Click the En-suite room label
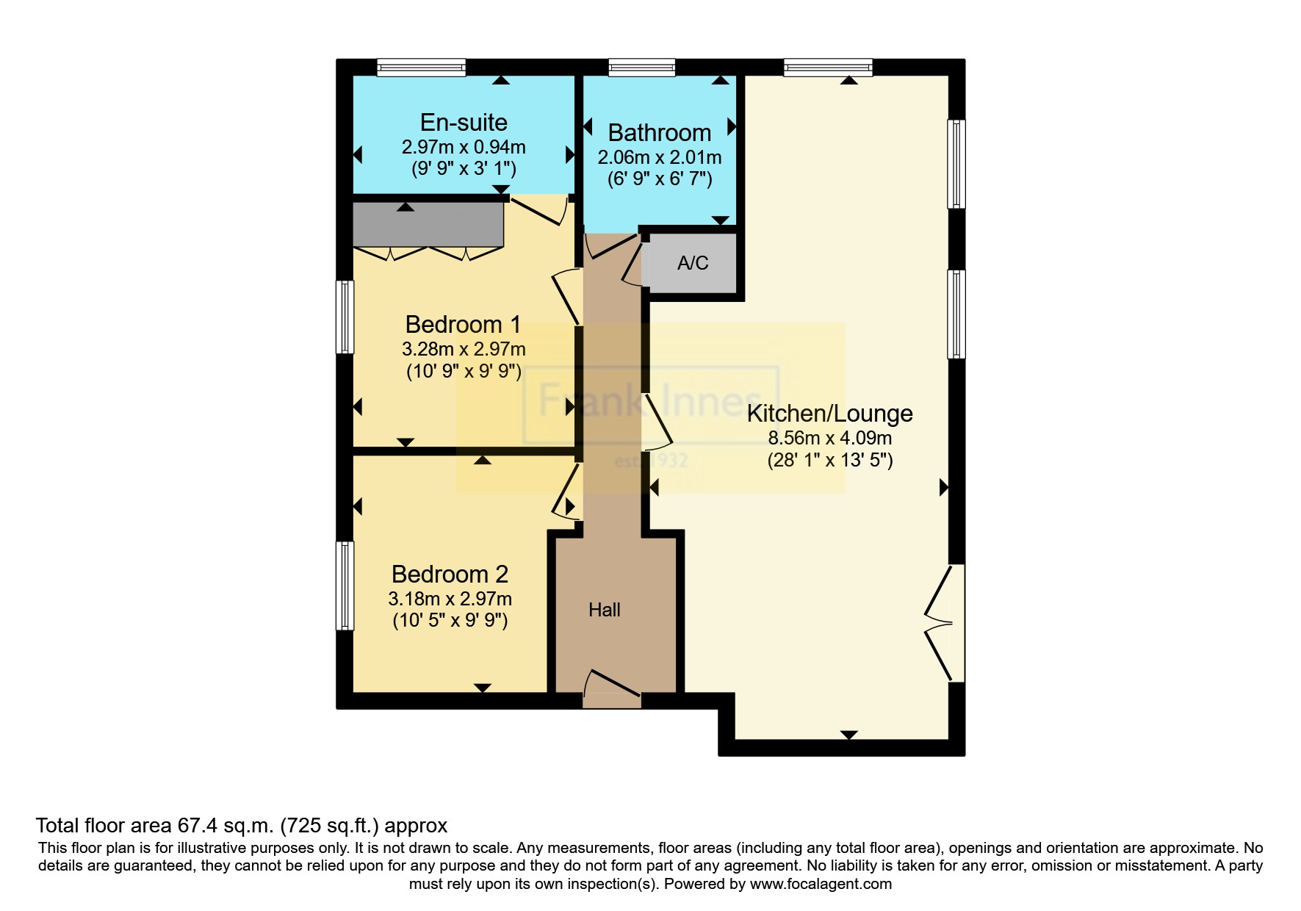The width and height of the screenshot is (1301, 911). (464, 123)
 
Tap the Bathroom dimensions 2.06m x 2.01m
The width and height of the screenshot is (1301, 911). (659, 157)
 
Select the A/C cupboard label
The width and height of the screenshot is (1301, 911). (693, 263)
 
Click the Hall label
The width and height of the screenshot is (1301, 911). (604, 610)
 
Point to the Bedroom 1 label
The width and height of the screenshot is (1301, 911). (463, 324)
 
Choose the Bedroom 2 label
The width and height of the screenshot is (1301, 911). (450, 574)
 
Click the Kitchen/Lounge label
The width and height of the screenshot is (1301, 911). (829, 414)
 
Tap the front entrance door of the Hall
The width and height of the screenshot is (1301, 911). (612, 686)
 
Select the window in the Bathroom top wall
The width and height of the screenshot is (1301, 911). (641, 68)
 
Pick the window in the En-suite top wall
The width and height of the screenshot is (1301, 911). (421, 68)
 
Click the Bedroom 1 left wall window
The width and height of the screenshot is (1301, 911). (345, 317)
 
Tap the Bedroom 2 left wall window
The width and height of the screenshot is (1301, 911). (345, 586)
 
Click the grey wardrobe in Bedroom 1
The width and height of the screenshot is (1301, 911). (428, 225)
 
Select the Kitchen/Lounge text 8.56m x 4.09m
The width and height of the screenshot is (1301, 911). (829, 439)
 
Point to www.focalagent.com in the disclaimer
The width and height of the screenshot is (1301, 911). (821, 884)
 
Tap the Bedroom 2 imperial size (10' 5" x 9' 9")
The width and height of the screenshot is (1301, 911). (450, 620)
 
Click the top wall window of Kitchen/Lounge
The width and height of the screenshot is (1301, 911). (828, 68)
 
